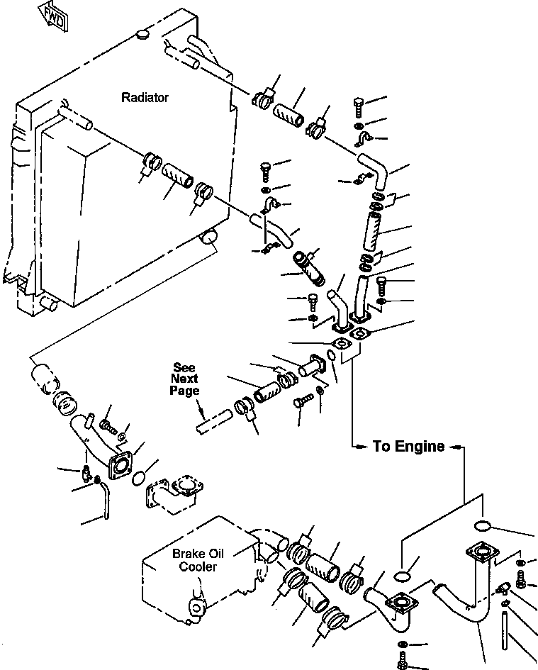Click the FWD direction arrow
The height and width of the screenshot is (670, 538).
click(53, 17)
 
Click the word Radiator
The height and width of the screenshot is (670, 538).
click(145, 97)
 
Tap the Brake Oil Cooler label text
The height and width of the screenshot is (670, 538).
click(198, 560)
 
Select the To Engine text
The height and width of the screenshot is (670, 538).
click(409, 446)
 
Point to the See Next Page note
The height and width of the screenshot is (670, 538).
click(184, 379)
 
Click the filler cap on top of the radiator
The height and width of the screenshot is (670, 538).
click(142, 34)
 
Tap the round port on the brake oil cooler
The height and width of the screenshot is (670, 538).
click(198, 607)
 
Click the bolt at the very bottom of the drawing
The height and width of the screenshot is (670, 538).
click(402, 661)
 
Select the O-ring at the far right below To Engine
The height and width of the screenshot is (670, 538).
click(483, 525)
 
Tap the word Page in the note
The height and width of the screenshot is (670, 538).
click(184, 391)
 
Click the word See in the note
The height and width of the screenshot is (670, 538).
click(184, 367)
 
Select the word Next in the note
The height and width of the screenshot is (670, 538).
click(184, 379)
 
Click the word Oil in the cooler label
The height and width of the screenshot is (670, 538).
click(215, 554)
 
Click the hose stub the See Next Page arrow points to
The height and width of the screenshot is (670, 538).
click(215, 422)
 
